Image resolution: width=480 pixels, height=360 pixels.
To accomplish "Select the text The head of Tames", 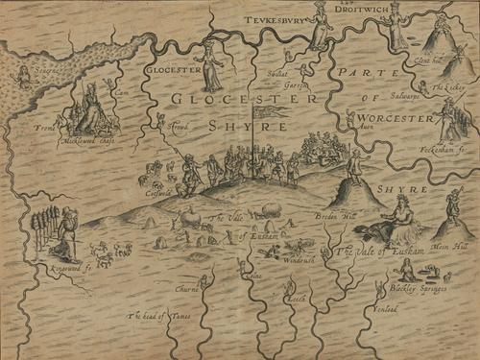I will pos(155,313).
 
